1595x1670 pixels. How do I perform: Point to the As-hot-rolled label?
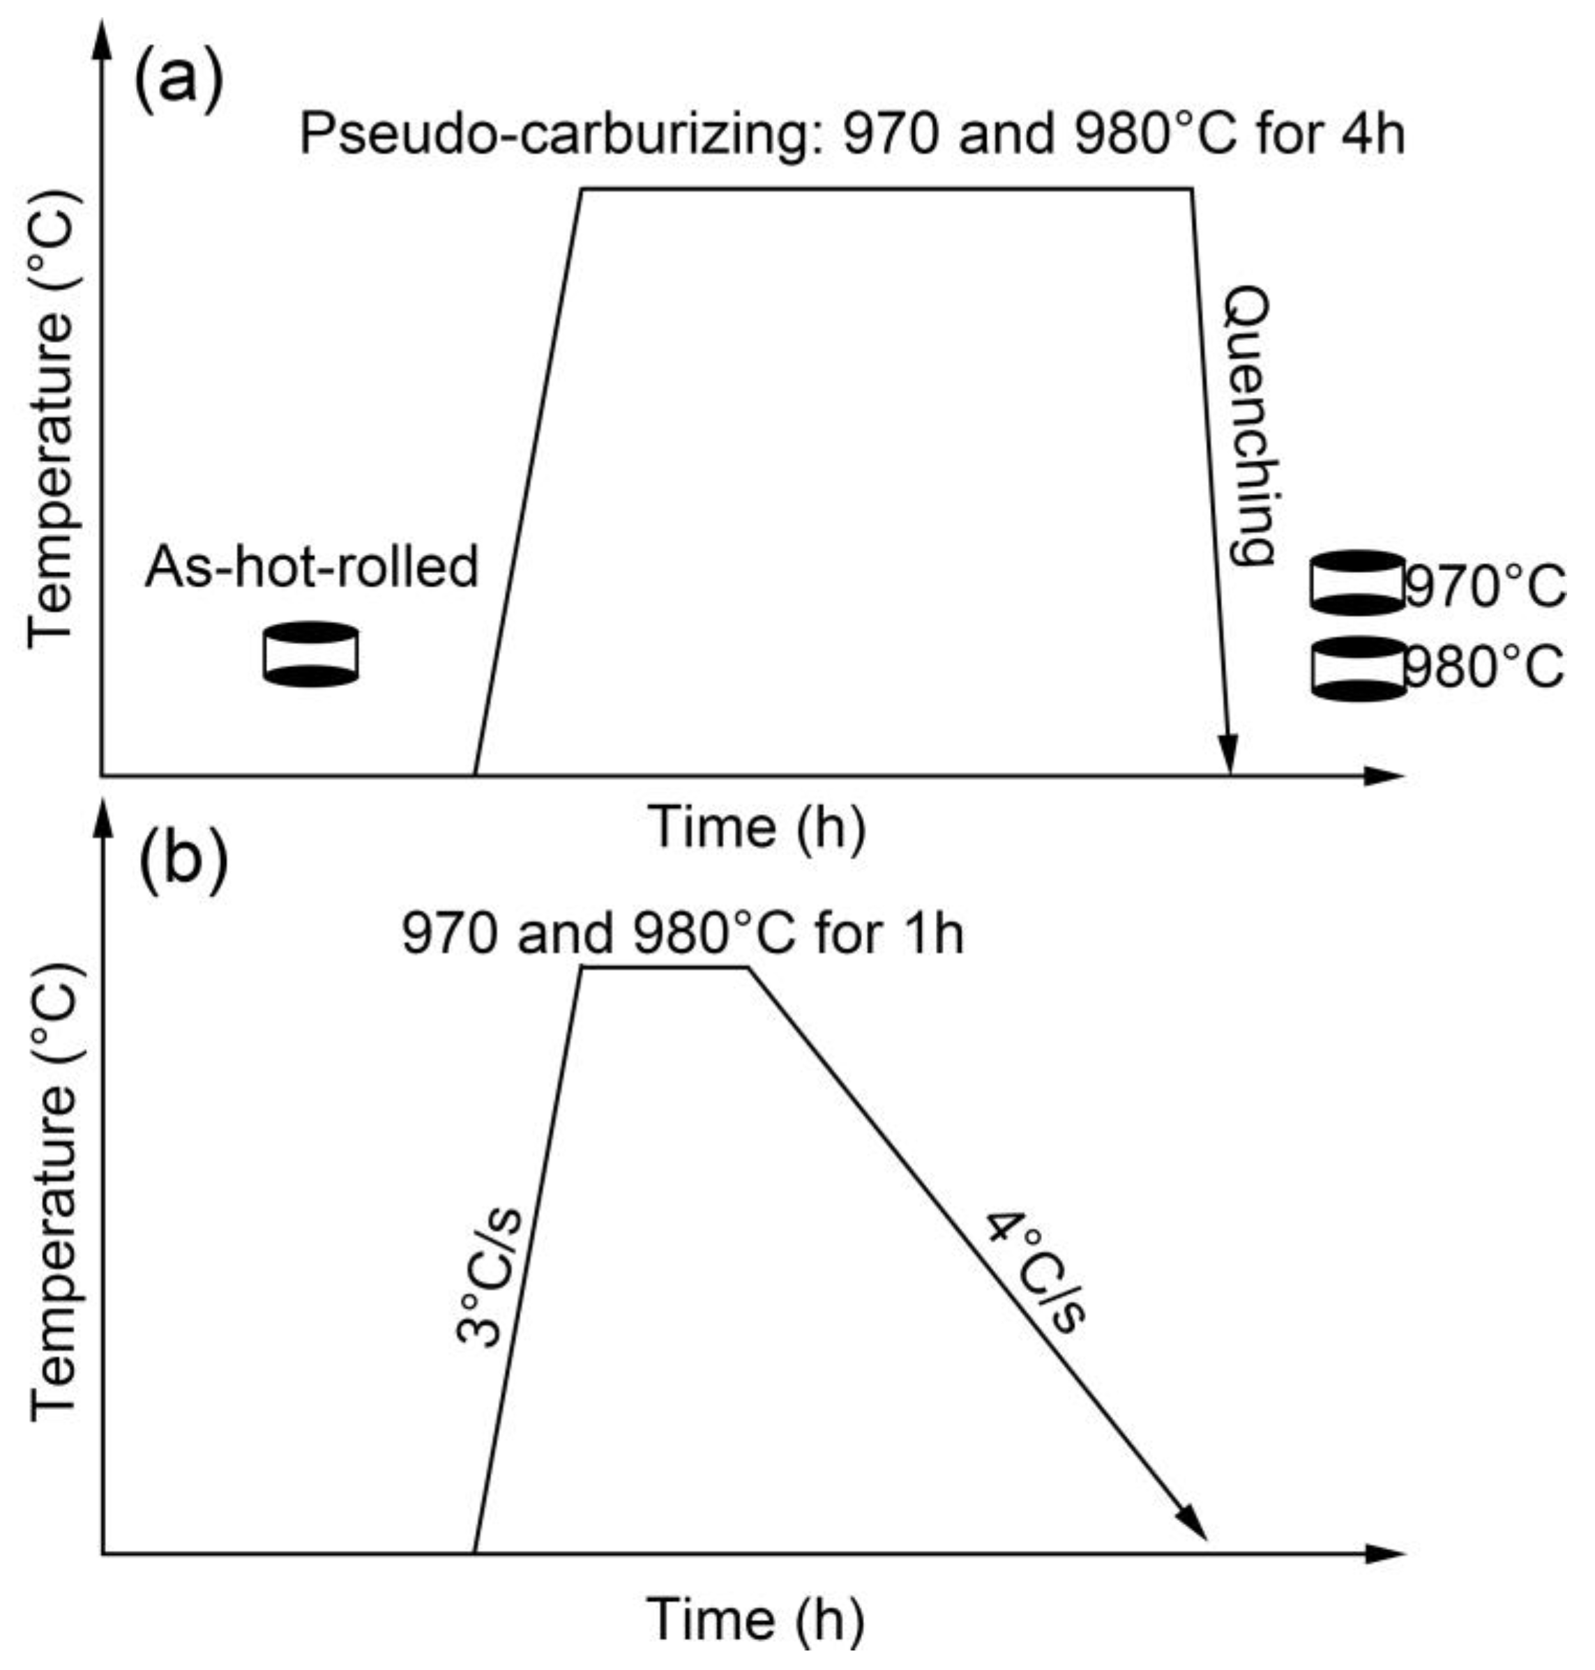click(x=312, y=567)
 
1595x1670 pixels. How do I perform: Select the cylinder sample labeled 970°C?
click(x=1357, y=583)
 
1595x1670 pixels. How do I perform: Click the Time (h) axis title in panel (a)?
click(x=757, y=826)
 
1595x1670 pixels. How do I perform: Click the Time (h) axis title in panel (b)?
click(x=755, y=1618)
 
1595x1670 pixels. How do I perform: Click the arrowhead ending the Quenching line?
click(x=1227, y=757)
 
